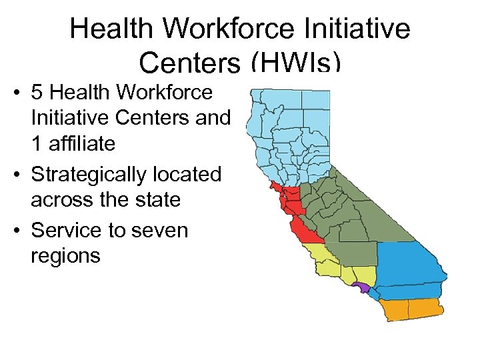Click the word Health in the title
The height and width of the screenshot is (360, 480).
point(113,29)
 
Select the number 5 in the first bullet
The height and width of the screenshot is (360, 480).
point(37,91)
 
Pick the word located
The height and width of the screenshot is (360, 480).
point(193,175)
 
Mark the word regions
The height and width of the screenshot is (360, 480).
point(65,255)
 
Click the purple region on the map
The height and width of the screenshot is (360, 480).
point(361,287)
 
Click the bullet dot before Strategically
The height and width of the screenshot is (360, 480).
point(15,175)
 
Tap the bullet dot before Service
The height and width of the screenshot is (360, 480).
point(15,231)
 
